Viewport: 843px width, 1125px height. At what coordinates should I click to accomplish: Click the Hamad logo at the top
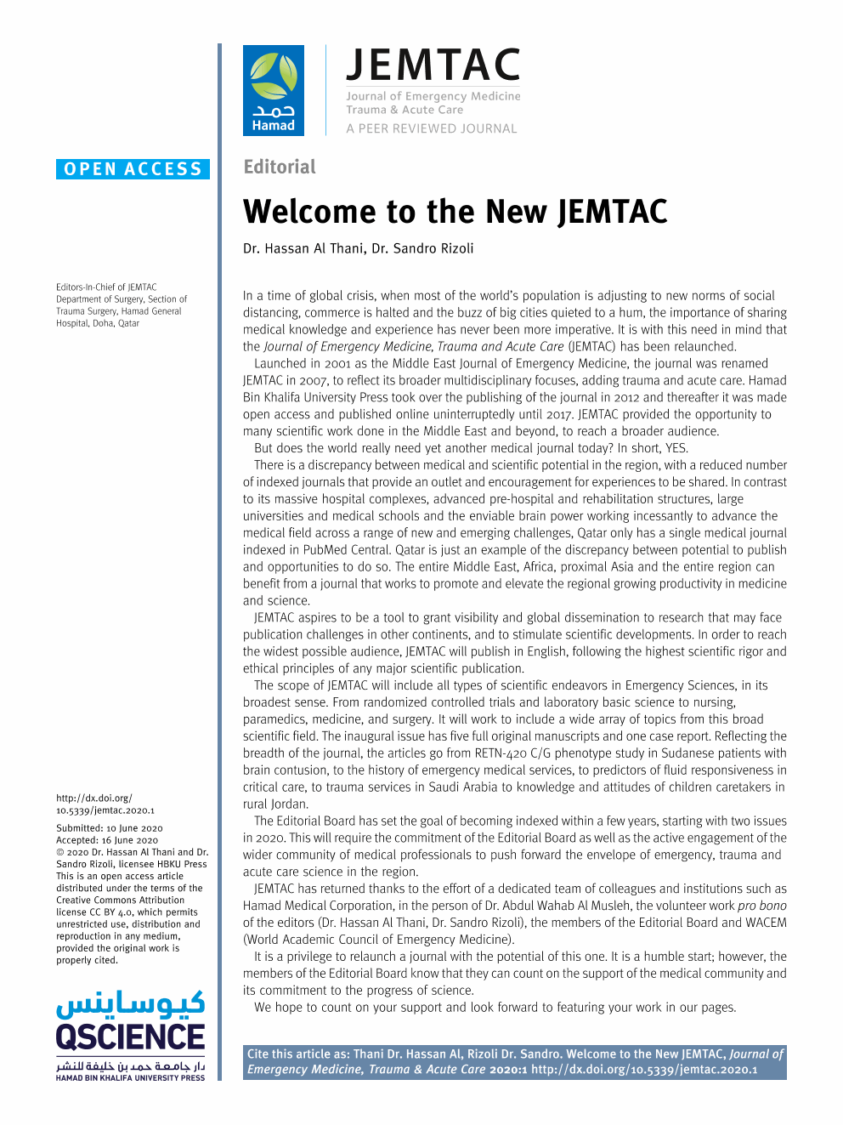(x=274, y=90)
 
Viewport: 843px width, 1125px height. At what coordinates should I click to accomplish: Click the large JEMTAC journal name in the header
(x=433, y=65)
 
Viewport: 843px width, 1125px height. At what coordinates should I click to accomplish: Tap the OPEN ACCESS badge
(x=133, y=169)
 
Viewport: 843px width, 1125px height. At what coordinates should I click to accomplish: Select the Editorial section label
(x=280, y=167)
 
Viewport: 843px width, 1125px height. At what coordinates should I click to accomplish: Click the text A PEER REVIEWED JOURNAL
(x=431, y=128)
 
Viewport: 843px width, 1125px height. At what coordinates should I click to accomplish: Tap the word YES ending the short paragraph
(x=676, y=448)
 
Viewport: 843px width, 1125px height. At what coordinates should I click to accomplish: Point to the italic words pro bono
(x=762, y=906)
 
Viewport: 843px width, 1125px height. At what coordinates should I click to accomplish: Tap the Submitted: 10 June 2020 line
(x=110, y=828)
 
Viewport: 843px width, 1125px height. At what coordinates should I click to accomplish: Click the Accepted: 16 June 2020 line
(x=107, y=840)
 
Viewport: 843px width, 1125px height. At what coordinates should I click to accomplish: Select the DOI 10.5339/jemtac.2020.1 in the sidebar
(x=105, y=810)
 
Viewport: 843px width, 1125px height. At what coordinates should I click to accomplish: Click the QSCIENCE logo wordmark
(x=130, y=1037)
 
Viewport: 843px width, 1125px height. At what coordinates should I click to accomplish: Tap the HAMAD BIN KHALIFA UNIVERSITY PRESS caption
(x=130, y=1078)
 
